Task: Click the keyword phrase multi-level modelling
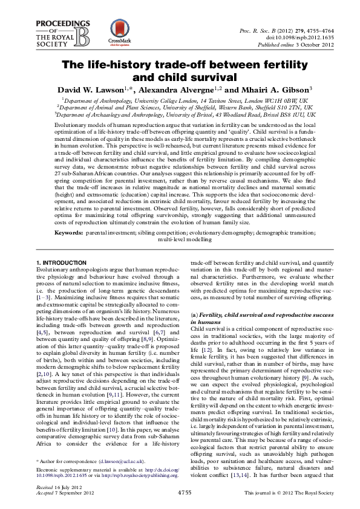click(x=180, y=222)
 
